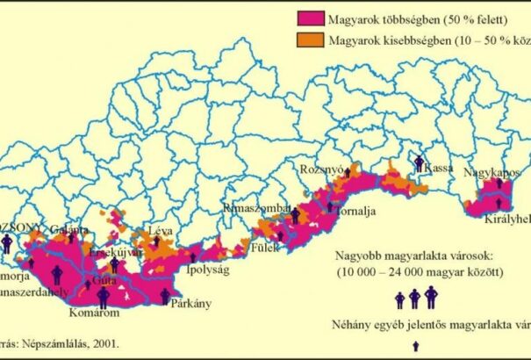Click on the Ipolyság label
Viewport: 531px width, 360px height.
point(207,270)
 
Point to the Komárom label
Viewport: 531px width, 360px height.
point(95,311)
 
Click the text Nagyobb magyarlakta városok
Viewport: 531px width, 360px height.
point(414,258)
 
